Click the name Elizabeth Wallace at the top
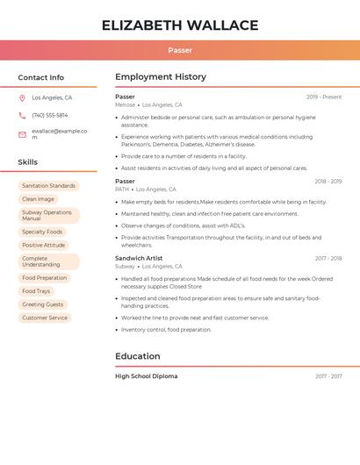pyautogui.click(x=180, y=25)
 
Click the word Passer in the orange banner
pyautogui.click(x=180, y=51)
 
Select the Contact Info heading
pyautogui.click(x=40, y=77)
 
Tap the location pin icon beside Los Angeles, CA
pyautogui.click(x=22, y=98)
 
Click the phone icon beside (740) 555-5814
pyautogui.click(x=22, y=115)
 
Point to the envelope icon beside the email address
pyautogui.click(x=22, y=134)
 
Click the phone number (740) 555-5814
pyautogui.click(x=49, y=115)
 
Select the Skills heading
pyautogui.click(x=28, y=162)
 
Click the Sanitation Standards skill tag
pyautogui.click(x=48, y=186)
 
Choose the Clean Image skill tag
pyautogui.click(x=38, y=199)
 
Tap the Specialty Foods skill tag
pyautogui.click(x=42, y=232)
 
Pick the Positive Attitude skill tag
pyautogui.click(x=43, y=245)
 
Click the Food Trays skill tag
pyautogui.click(x=36, y=291)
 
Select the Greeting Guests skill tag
pyautogui.click(x=43, y=304)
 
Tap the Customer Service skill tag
pyautogui.click(x=45, y=318)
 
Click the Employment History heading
pyautogui.click(x=161, y=77)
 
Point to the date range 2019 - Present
pyautogui.click(x=324, y=97)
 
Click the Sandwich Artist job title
pyautogui.click(x=139, y=259)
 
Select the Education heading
pyautogui.click(x=138, y=356)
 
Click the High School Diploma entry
pyautogui.click(x=146, y=376)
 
